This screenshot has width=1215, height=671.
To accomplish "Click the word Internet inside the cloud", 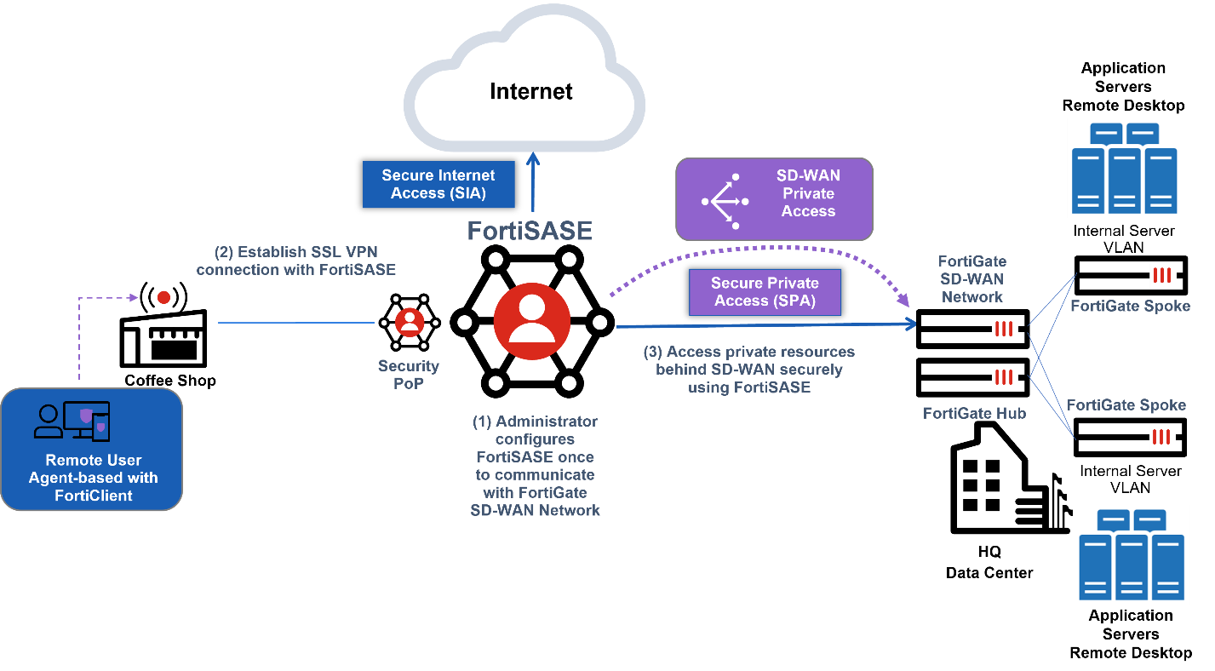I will point(530,91).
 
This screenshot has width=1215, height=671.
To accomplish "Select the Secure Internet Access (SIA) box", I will point(438,184).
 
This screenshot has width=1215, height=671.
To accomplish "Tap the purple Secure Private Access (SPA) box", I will point(765,292).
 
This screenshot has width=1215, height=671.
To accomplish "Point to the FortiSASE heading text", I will point(529,231).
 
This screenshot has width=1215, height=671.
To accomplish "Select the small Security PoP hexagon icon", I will point(410,323).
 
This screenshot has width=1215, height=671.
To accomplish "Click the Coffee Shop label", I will point(170,381).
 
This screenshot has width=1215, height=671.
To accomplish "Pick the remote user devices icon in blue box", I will point(72,422).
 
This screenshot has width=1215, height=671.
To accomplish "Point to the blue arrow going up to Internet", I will point(533,183).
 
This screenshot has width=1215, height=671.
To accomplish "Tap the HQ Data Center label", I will point(989,563).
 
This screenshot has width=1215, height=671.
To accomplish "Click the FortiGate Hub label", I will point(974,414).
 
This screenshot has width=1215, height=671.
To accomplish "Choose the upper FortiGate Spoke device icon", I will point(1131,275).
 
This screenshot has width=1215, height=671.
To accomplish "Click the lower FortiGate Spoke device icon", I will point(1129,437).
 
